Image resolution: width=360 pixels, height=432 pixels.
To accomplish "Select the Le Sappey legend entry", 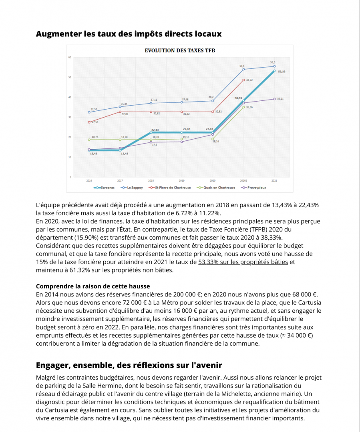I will pos(134,187).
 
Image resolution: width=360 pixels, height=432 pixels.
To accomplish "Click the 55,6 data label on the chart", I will pos(273,62).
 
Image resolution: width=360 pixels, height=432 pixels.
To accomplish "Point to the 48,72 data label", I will pos(249,80).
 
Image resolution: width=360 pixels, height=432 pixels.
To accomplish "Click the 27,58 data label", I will pos(95,122).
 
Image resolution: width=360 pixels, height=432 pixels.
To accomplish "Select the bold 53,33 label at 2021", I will pos(282,72).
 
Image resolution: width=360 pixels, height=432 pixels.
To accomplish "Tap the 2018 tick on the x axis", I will pos(151,181).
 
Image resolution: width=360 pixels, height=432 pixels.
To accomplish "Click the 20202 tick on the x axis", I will pos(243,181).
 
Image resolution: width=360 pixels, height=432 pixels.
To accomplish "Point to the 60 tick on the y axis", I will pos(70,57).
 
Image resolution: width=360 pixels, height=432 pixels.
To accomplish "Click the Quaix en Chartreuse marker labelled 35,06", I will pos(243,107).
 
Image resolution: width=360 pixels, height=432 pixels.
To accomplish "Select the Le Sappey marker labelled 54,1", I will pos(243,69).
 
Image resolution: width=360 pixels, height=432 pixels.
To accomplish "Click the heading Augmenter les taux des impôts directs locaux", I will pos(129,34).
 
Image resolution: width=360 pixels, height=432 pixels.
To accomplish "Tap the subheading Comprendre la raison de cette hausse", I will pos(93,286).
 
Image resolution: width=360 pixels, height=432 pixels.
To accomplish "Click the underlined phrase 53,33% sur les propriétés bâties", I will pos(243,262).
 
